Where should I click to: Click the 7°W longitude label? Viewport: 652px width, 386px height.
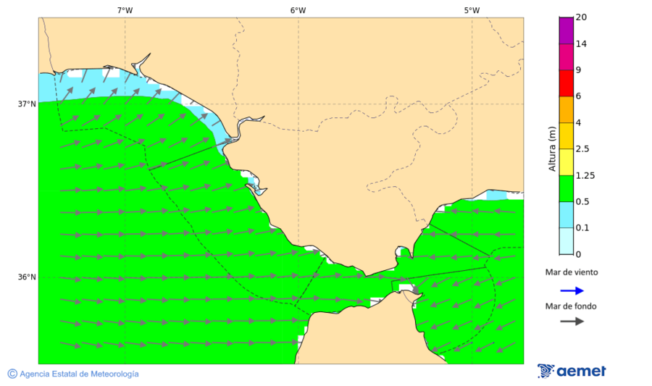click(x=125, y=10)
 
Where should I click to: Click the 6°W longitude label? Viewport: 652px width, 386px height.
click(x=298, y=10)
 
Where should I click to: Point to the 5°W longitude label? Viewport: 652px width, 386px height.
click(x=472, y=10)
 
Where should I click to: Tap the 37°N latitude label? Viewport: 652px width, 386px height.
click(x=27, y=104)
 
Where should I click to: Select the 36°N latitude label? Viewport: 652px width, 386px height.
click(x=27, y=277)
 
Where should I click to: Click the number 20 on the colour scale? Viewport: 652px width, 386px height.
click(x=581, y=17)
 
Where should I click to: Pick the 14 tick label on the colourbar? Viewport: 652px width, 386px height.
click(x=581, y=43)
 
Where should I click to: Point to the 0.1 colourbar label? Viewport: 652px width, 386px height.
click(x=583, y=227)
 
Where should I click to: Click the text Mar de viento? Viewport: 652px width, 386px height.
click(x=572, y=272)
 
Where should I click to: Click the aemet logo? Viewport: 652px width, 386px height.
click(x=572, y=371)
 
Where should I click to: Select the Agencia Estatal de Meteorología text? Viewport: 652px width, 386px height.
click(x=79, y=374)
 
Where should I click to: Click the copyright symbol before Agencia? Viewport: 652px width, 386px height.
click(x=12, y=374)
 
